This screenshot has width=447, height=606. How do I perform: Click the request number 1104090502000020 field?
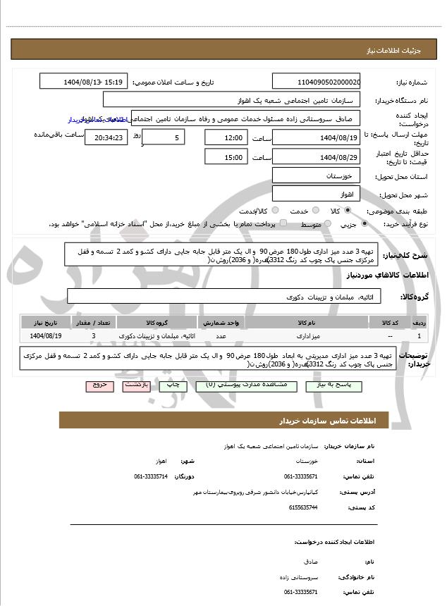pyautogui.click(x=317, y=82)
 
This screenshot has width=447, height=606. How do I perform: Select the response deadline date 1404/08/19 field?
pyautogui.click(x=317, y=137)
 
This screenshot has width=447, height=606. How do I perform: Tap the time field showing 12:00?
pyautogui.click(x=227, y=137)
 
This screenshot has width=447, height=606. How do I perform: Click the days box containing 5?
pyautogui.click(x=164, y=137)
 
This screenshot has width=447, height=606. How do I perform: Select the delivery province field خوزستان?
pyautogui.click(x=317, y=175)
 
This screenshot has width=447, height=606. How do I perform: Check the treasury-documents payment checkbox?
pyautogui.click(x=283, y=223)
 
